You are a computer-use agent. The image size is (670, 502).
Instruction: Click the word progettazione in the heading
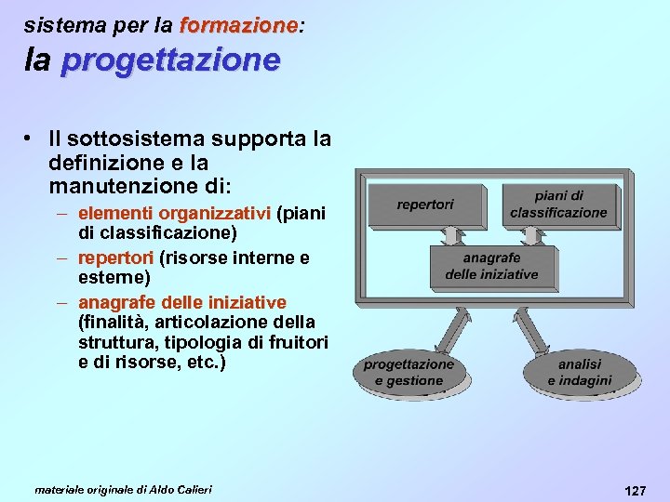170,60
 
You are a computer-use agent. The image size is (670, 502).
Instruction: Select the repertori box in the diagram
425,205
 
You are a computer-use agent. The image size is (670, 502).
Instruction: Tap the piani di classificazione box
559,205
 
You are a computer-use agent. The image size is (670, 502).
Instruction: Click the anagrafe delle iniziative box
492,266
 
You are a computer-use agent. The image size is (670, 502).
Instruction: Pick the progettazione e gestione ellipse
409,373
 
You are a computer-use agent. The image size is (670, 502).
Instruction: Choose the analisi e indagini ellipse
580,373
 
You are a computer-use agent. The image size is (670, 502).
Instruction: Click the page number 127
636,490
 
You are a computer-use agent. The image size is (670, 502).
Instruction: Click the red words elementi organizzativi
174,214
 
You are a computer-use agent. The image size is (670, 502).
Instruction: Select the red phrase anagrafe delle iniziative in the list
182,302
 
